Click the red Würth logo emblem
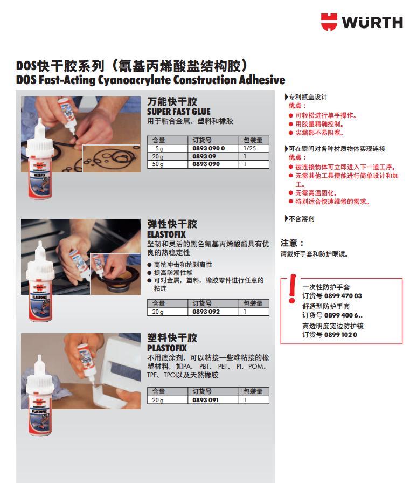point(329,22)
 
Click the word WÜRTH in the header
point(372,23)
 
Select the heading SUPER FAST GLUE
point(179,112)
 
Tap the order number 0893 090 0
point(208,148)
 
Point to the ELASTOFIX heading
point(166,234)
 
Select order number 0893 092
point(206,312)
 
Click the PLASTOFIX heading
point(167,348)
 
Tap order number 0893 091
point(205,400)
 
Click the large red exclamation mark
point(292,288)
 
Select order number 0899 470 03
point(343,296)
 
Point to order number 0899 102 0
point(340,335)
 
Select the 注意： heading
point(292,243)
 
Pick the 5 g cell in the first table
point(159,148)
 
